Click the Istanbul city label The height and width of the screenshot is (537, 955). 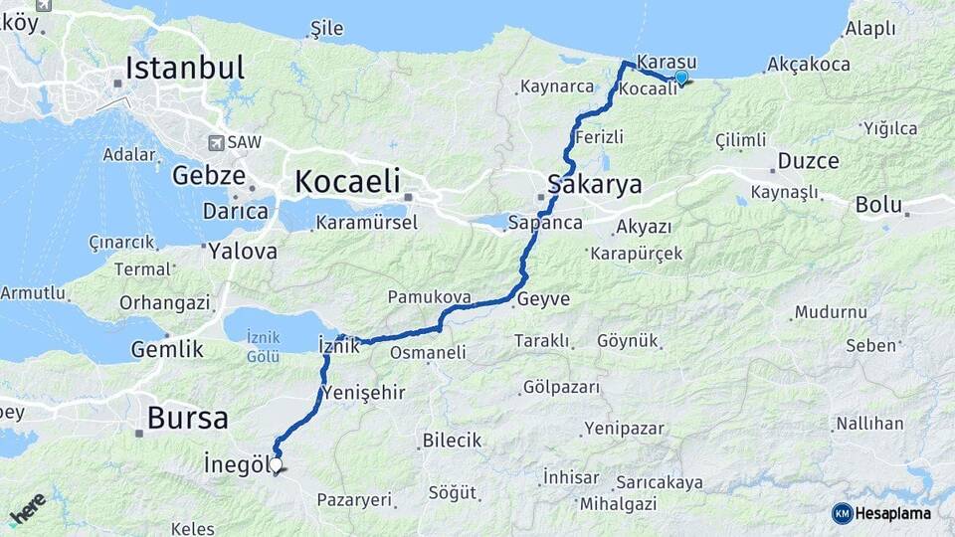[x=184, y=68]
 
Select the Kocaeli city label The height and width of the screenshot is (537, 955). [x=347, y=181]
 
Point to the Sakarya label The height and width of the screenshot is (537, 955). [x=594, y=184]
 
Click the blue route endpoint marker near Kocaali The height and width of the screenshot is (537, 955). [x=680, y=78]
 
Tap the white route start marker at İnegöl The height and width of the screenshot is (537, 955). [x=276, y=463]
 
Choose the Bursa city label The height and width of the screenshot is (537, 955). [x=187, y=418]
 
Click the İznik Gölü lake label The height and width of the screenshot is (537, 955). [x=264, y=347]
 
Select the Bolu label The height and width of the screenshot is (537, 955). [x=878, y=205]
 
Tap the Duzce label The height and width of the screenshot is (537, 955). [x=808, y=161]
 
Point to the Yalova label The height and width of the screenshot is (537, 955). [x=242, y=252]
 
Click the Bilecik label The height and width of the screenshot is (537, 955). [x=452, y=440]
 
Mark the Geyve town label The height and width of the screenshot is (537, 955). [x=544, y=299]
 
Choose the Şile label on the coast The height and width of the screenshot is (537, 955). [x=327, y=29]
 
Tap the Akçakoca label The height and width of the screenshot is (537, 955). [x=809, y=65]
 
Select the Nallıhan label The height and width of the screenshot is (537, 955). [x=869, y=424]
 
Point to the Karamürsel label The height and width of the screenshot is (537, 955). [x=366, y=223]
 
